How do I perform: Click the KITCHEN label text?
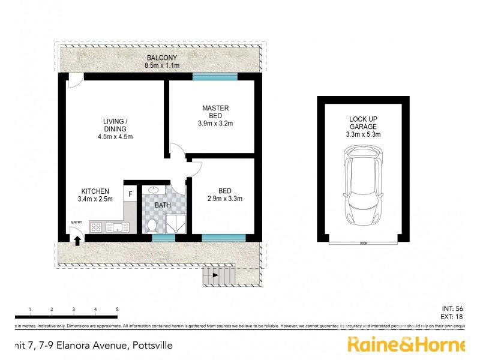click(95, 191)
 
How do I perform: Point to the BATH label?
click(163, 205)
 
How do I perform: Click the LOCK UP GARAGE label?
click(363, 123)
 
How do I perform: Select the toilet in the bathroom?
click(152, 225)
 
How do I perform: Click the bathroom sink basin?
click(152, 191)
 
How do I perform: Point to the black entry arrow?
click(77, 239)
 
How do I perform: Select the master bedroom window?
click(215, 76)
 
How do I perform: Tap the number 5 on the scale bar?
click(117, 309)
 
